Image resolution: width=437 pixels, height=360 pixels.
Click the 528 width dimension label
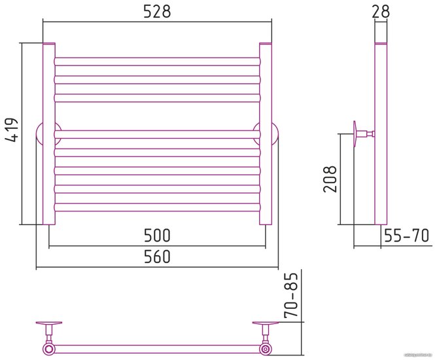click(x=157, y=11)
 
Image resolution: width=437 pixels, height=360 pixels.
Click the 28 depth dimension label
click(x=381, y=11)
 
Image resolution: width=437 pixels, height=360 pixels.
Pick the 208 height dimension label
click(x=331, y=178)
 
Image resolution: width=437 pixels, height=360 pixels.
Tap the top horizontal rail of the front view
click(x=157, y=61)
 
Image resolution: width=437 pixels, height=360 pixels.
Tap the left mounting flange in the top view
click(x=49, y=325)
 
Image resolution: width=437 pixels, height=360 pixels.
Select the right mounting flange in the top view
click(x=265, y=325)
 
